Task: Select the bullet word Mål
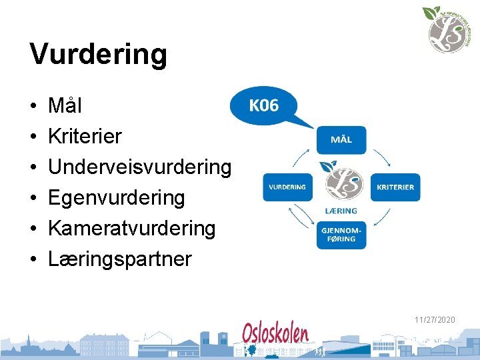(65, 105)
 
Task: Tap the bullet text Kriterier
(85, 136)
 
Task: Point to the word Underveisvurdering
(139, 167)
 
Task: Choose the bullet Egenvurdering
(116, 197)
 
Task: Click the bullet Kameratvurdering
(131, 228)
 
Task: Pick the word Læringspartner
(119, 259)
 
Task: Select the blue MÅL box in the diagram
(341, 140)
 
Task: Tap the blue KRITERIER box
(395, 187)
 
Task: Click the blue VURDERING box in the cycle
(287, 187)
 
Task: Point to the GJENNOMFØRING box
(341, 235)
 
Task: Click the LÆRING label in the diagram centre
(341, 211)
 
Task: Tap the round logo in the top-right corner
(443, 29)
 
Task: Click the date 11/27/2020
(435, 321)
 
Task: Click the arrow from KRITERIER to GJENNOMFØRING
(382, 218)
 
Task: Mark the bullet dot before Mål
(33, 107)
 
